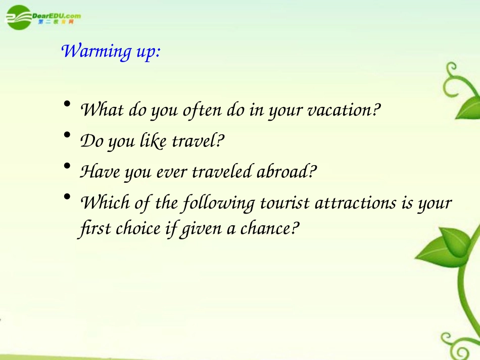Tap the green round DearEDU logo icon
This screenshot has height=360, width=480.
point(19,18)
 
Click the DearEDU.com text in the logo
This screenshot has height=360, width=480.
point(56,16)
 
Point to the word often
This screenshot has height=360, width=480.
point(202,110)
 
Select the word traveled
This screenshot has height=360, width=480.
point(222,171)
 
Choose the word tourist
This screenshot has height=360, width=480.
point(284,203)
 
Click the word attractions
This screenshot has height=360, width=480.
point(355,203)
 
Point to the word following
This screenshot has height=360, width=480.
point(219,203)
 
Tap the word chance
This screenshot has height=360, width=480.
point(264,229)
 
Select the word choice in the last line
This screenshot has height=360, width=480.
point(138,229)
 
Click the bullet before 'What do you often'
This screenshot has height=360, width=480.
point(67,104)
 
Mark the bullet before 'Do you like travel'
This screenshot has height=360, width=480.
point(67,135)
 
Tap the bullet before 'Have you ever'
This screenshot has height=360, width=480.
point(67,166)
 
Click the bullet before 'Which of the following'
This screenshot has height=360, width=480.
point(67,196)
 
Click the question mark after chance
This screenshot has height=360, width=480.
point(294,228)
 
